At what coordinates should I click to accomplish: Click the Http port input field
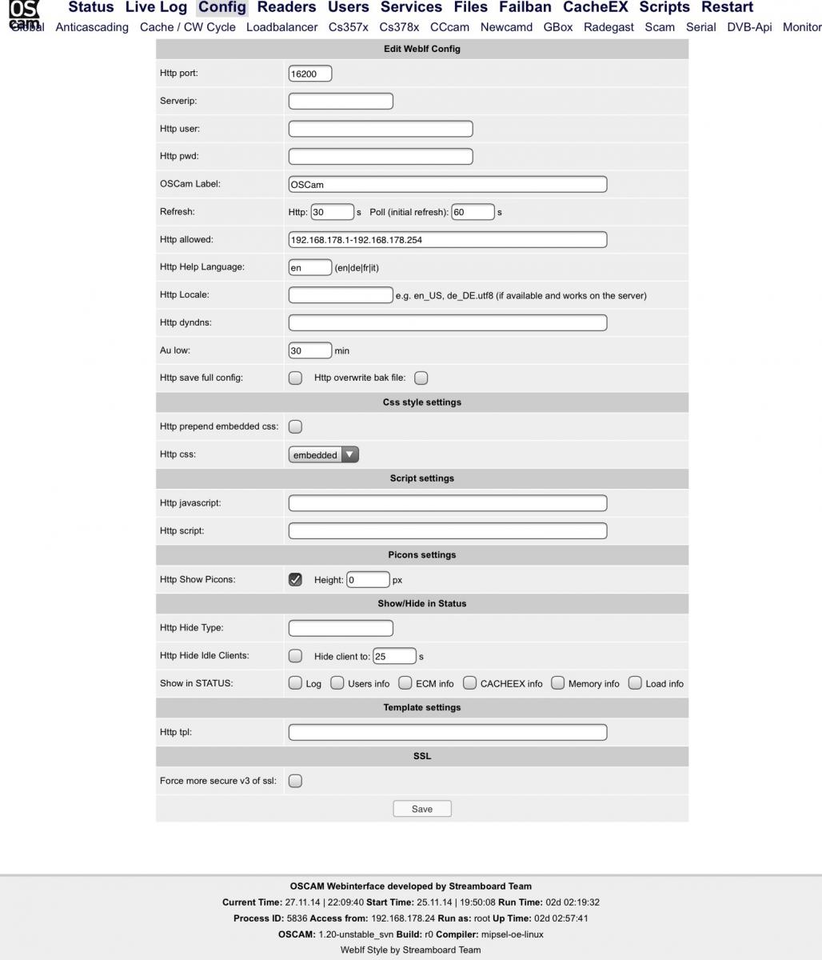[309, 74]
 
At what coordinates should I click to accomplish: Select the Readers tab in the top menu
[286, 8]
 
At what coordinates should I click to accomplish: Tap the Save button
[422, 809]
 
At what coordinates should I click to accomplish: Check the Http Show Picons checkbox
[295, 579]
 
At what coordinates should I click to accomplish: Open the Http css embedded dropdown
[324, 454]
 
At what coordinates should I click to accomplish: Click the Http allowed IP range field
[447, 239]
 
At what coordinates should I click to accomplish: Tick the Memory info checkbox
[558, 683]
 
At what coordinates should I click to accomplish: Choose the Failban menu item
[525, 8]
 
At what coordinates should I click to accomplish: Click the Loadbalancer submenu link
[281, 27]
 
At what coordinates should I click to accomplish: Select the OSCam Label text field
[447, 184]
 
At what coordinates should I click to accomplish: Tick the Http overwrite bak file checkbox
[421, 378]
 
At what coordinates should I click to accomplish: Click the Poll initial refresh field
[472, 212]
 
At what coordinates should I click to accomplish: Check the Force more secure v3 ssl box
[295, 781]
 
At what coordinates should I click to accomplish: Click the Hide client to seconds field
[394, 656]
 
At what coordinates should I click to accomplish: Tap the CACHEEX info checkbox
[470, 683]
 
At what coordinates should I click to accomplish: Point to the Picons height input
[368, 579]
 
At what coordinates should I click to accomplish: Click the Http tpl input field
[447, 732]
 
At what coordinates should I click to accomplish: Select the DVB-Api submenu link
[749, 27]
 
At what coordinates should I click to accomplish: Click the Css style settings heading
[422, 402]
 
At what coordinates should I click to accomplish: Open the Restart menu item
[727, 8]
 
